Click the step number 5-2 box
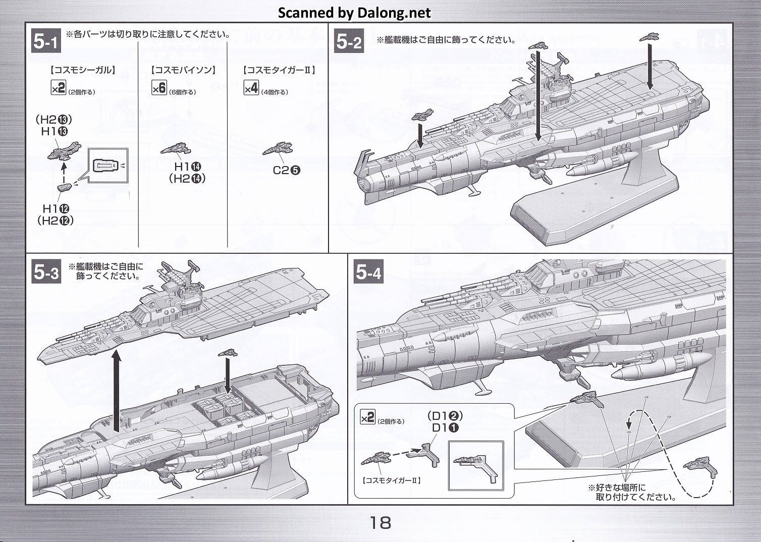pyautogui.click(x=349, y=41)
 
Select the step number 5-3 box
pyautogui.click(x=46, y=273)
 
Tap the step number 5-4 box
pyautogui.click(x=368, y=273)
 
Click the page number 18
pyautogui.click(x=380, y=522)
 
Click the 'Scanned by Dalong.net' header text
pyautogui.click(x=354, y=13)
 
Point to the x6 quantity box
pyautogui.click(x=159, y=88)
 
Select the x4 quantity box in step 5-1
pyautogui.click(x=251, y=88)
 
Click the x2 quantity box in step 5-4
pyautogui.click(x=367, y=417)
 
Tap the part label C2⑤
pyautogui.click(x=286, y=170)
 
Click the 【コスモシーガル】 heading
pyautogui.click(x=83, y=70)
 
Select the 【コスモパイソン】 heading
pyautogui.click(x=183, y=70)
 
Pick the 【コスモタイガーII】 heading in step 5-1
pyautogui.click(x=279, y=70)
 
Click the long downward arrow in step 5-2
pyautogui.click(x=538, y=96)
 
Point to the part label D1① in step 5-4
pyautogui.click(x=446, y=428)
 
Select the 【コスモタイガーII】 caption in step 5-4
pyautogui.click(x=392, y=481)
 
